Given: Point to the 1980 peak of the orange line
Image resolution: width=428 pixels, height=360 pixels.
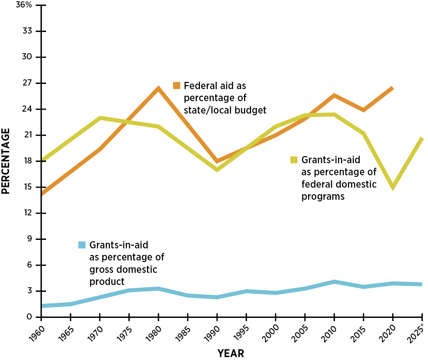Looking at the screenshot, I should tap(158, 88).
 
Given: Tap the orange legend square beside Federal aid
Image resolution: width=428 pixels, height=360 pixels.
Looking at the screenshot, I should tap(177, 86).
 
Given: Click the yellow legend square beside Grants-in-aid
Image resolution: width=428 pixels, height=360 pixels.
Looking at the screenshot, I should tap(294, 160).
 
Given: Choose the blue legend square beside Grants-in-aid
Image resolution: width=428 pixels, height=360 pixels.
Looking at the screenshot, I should tap(82, 245).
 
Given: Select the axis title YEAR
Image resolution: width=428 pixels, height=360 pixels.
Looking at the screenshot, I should tap(231, 353).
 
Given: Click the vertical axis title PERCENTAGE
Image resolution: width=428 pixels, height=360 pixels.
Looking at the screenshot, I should tap(6, 161).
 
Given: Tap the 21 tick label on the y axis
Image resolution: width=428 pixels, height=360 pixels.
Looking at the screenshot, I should tap(29, 135).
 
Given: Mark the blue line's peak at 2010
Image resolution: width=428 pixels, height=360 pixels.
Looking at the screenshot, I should tap(334, 282).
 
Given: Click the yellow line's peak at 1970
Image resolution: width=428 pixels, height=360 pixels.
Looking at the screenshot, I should tap(100, 118).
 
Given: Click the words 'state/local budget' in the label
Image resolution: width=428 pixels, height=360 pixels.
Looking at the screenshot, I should tap(225, 110).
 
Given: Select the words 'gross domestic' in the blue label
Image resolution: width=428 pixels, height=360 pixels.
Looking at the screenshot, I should tap(123, 270).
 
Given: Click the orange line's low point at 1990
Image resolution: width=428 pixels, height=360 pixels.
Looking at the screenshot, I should tap(217, 161).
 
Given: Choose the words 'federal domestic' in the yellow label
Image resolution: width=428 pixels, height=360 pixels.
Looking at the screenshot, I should tap(339, 184).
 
